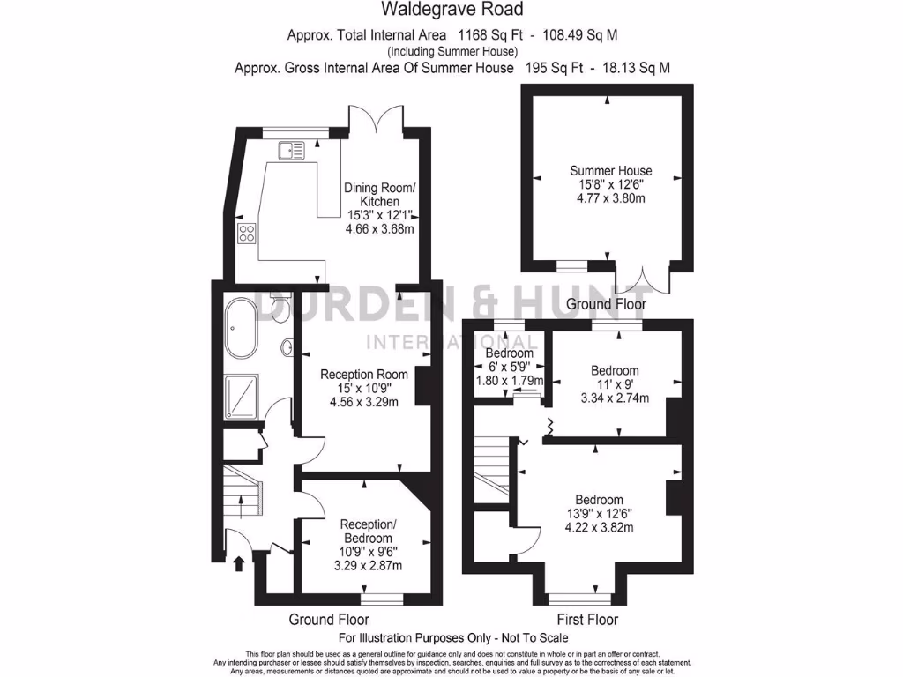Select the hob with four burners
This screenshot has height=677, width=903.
pyautogui.click(x=247, y=234)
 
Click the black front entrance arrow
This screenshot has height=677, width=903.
pyautogui.click(x=237, y=562)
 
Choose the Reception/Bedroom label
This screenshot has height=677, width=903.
pyautogui.click(x=366, y=532)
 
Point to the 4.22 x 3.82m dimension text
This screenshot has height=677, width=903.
pyautogui.click(x=600, y=528)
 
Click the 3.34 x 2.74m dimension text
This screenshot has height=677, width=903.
pyautogui.click(x=615, y=398)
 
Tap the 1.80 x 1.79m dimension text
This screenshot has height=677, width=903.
pyautogui.click(x=510, y=381)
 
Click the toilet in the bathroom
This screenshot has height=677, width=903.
pyautogui.click(x=281, y=308)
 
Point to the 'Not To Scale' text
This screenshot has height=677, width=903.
pyautogui.click(x=529, y=637)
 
